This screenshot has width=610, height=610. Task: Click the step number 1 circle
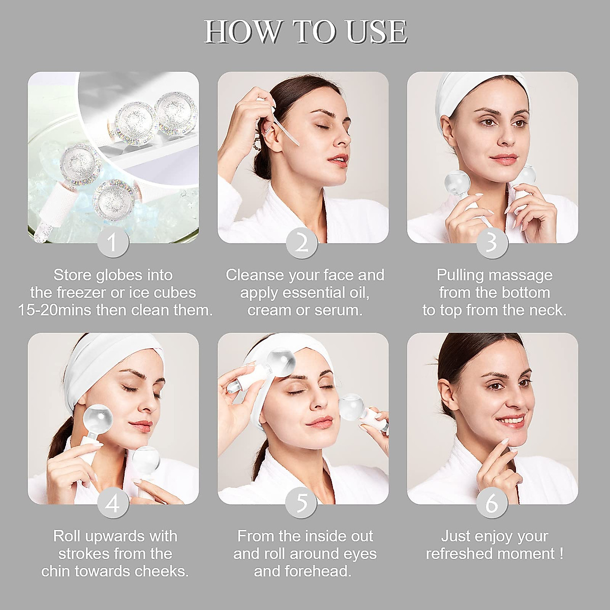pyautogui.click(x=112, y=242)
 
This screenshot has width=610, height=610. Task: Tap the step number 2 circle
pyautogui.click(x=302, y=242)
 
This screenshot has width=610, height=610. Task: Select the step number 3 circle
pyautogui.click(x=492, y=242)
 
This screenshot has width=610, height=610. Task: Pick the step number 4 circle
pyautogui.click(x=112, y=503)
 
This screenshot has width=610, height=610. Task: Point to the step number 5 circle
pyautogui.click(x=302, y=503)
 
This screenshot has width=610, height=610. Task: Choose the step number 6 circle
pyautogui.click(x=492, y=503)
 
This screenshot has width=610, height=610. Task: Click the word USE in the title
pyautogui.click(x=377, y=32)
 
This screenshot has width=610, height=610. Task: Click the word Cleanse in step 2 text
pyautogui.click(x=255, y=275)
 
